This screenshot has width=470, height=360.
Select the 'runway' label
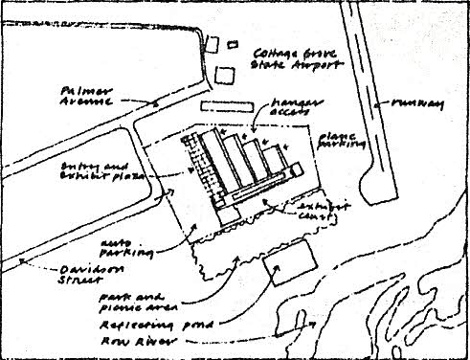417,101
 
